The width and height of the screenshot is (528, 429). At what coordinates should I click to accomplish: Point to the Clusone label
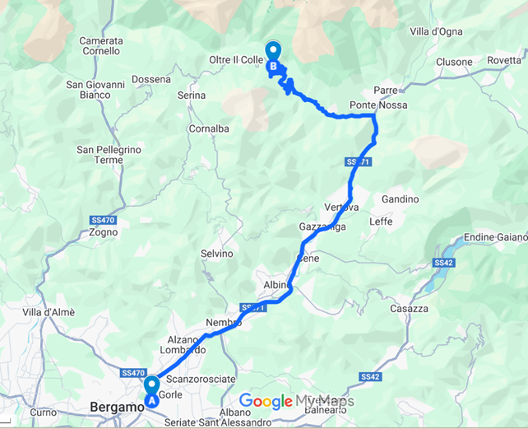(x=454, y=63)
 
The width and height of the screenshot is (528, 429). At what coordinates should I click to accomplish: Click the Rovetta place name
(x=504, y=60)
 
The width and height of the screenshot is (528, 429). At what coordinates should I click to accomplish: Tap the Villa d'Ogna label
(x=436, y=31)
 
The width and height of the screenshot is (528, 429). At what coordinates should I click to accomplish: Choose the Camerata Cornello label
(x=101, y=45)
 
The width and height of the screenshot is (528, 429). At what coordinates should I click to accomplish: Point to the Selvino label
(x=218, y=254)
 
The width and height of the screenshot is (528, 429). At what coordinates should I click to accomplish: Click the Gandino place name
(x=401, y=199)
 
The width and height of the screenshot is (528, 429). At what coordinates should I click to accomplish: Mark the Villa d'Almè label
(x=49, y=312)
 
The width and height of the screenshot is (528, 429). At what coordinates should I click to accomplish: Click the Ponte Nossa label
(x=377, y=105)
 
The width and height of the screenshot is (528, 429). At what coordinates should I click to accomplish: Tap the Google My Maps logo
(x=296, y=402)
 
